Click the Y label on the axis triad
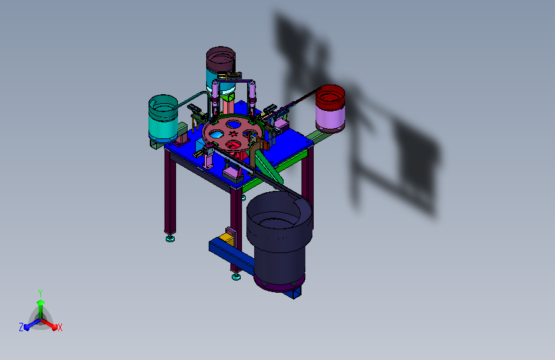[40, 293]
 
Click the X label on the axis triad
[60, 327]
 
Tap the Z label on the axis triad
[21, 327]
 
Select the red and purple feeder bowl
[330, 108]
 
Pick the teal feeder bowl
[163, 118]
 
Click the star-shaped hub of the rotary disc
[232, 133]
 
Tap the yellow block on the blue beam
[226, 239]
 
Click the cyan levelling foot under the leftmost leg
[170, 238]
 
